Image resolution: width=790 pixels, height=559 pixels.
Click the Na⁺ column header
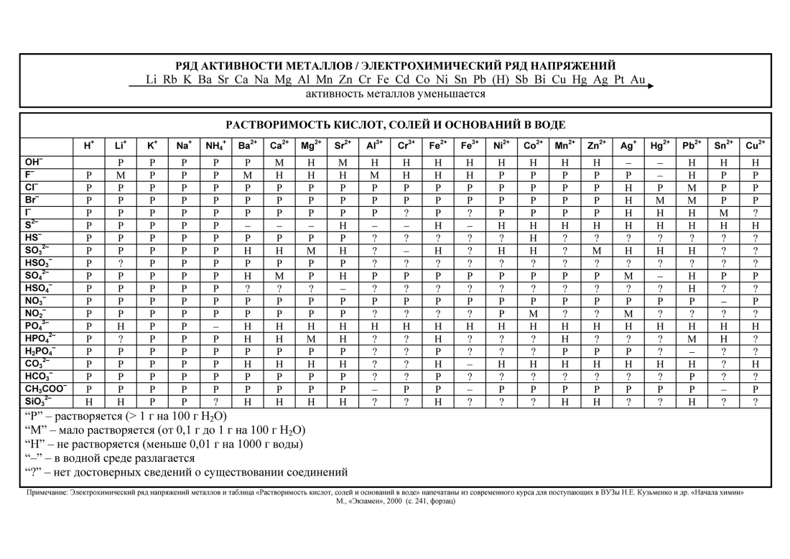click(x=183, y=145)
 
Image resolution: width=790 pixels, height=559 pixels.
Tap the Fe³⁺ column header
click(x=470, y=145)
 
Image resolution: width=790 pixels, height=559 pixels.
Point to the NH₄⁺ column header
click(x=215, y=145)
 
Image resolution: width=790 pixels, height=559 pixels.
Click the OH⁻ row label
click(x=34, y=162)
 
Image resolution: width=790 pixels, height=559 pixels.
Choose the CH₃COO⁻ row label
click(x=45, y=389)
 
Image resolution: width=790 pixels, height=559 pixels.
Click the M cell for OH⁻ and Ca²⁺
click(x=279, y=162)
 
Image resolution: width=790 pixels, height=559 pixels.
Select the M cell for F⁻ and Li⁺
click(x=121, y=175)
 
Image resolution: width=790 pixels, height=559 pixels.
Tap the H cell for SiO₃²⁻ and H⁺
click(x=89, y=402)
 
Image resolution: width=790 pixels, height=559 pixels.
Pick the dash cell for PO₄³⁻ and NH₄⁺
click(x=215, y=325)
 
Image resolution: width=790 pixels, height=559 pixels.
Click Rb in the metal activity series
click(x=169, y=80)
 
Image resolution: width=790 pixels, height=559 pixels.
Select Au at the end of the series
click(x=638, y=80)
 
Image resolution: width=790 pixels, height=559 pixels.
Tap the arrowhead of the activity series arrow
click(x=651, y=86)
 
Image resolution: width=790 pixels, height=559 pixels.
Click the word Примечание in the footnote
click(x=47, y=493)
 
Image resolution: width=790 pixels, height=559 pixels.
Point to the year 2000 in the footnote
click(x=390, y=501)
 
